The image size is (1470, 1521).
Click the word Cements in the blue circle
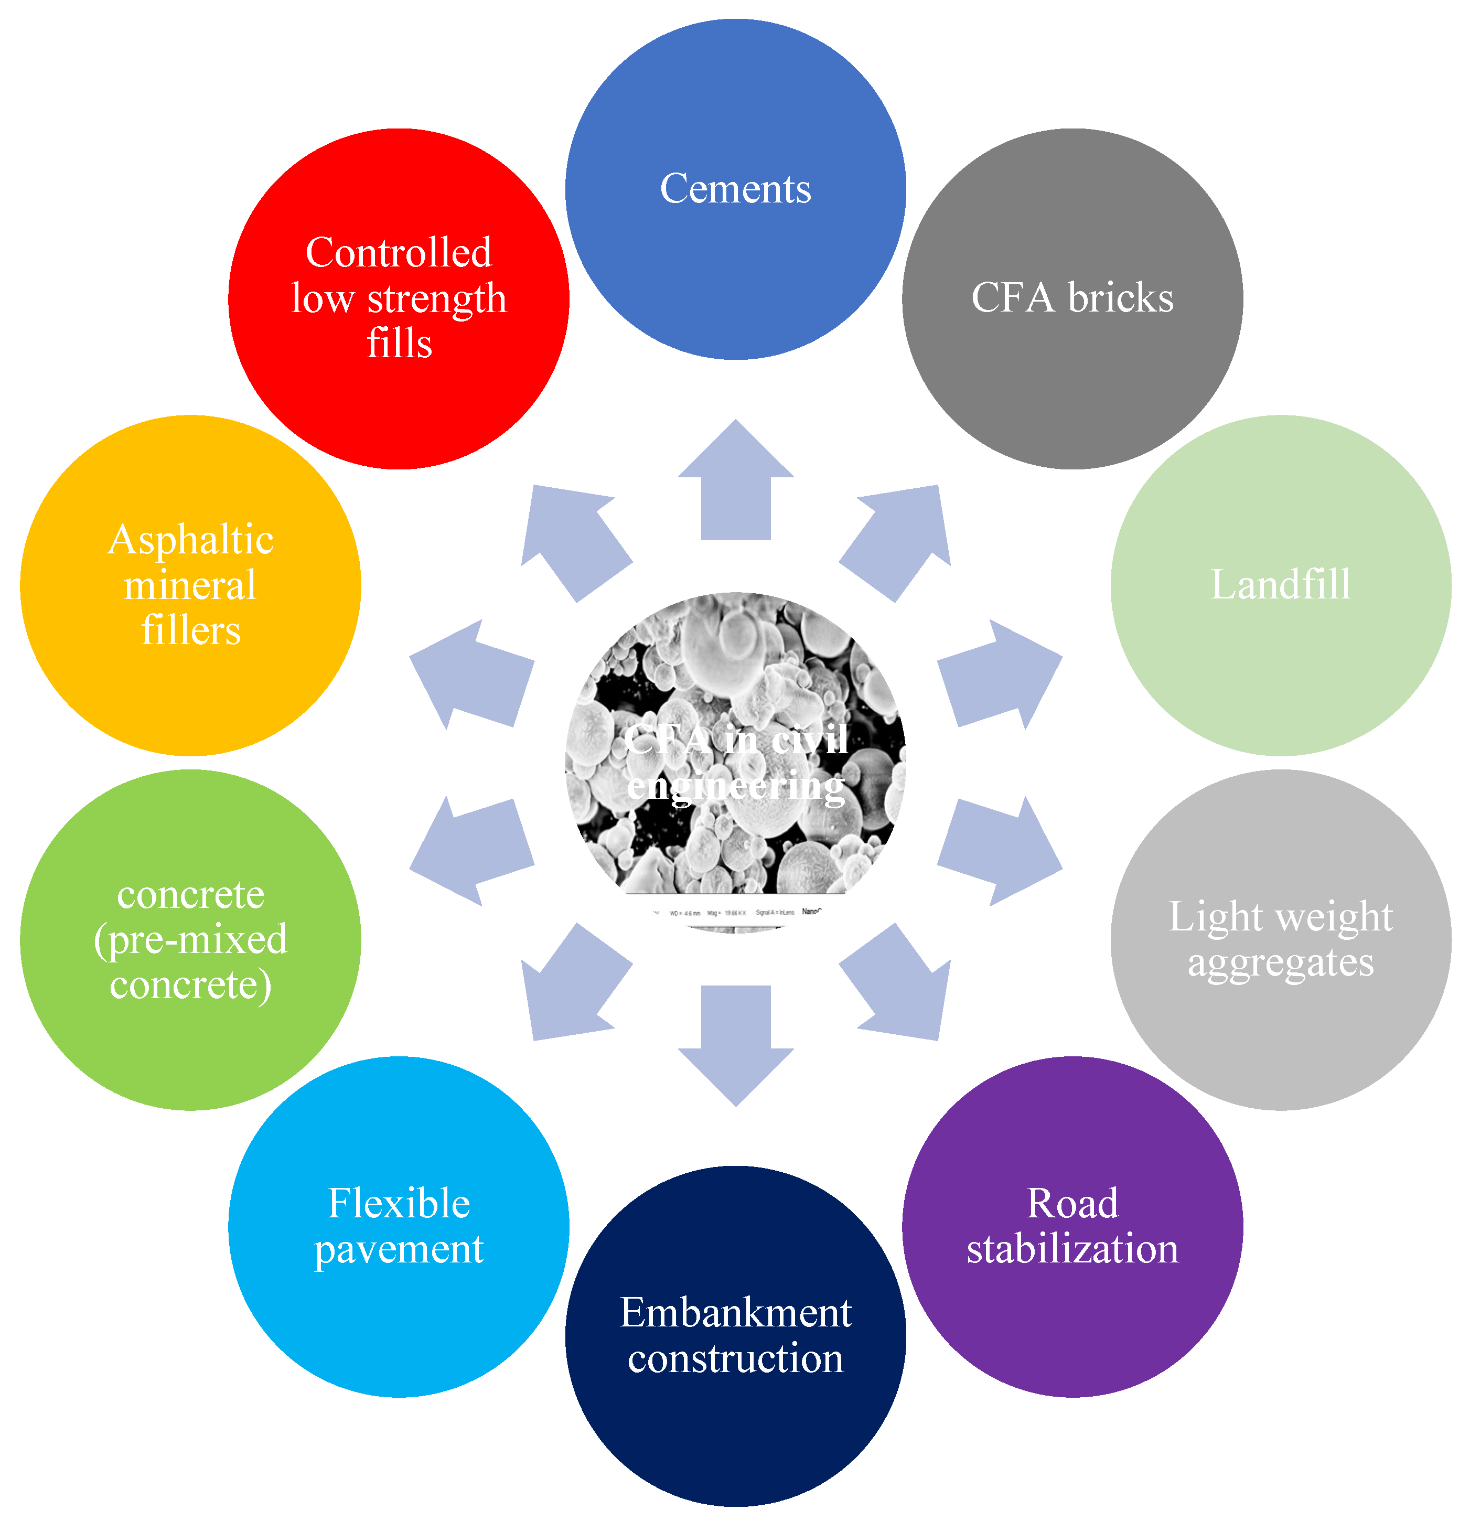click(735, 189)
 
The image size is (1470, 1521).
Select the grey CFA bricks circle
click(1072, 299)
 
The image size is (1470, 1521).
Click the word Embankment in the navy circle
click(735, 1313)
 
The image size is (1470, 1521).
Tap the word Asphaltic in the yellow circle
click(190, 539)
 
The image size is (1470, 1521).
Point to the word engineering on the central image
click(735, 787)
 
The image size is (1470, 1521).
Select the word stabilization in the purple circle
click(1072, 1249)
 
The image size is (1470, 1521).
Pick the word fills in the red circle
click(399, 344)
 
